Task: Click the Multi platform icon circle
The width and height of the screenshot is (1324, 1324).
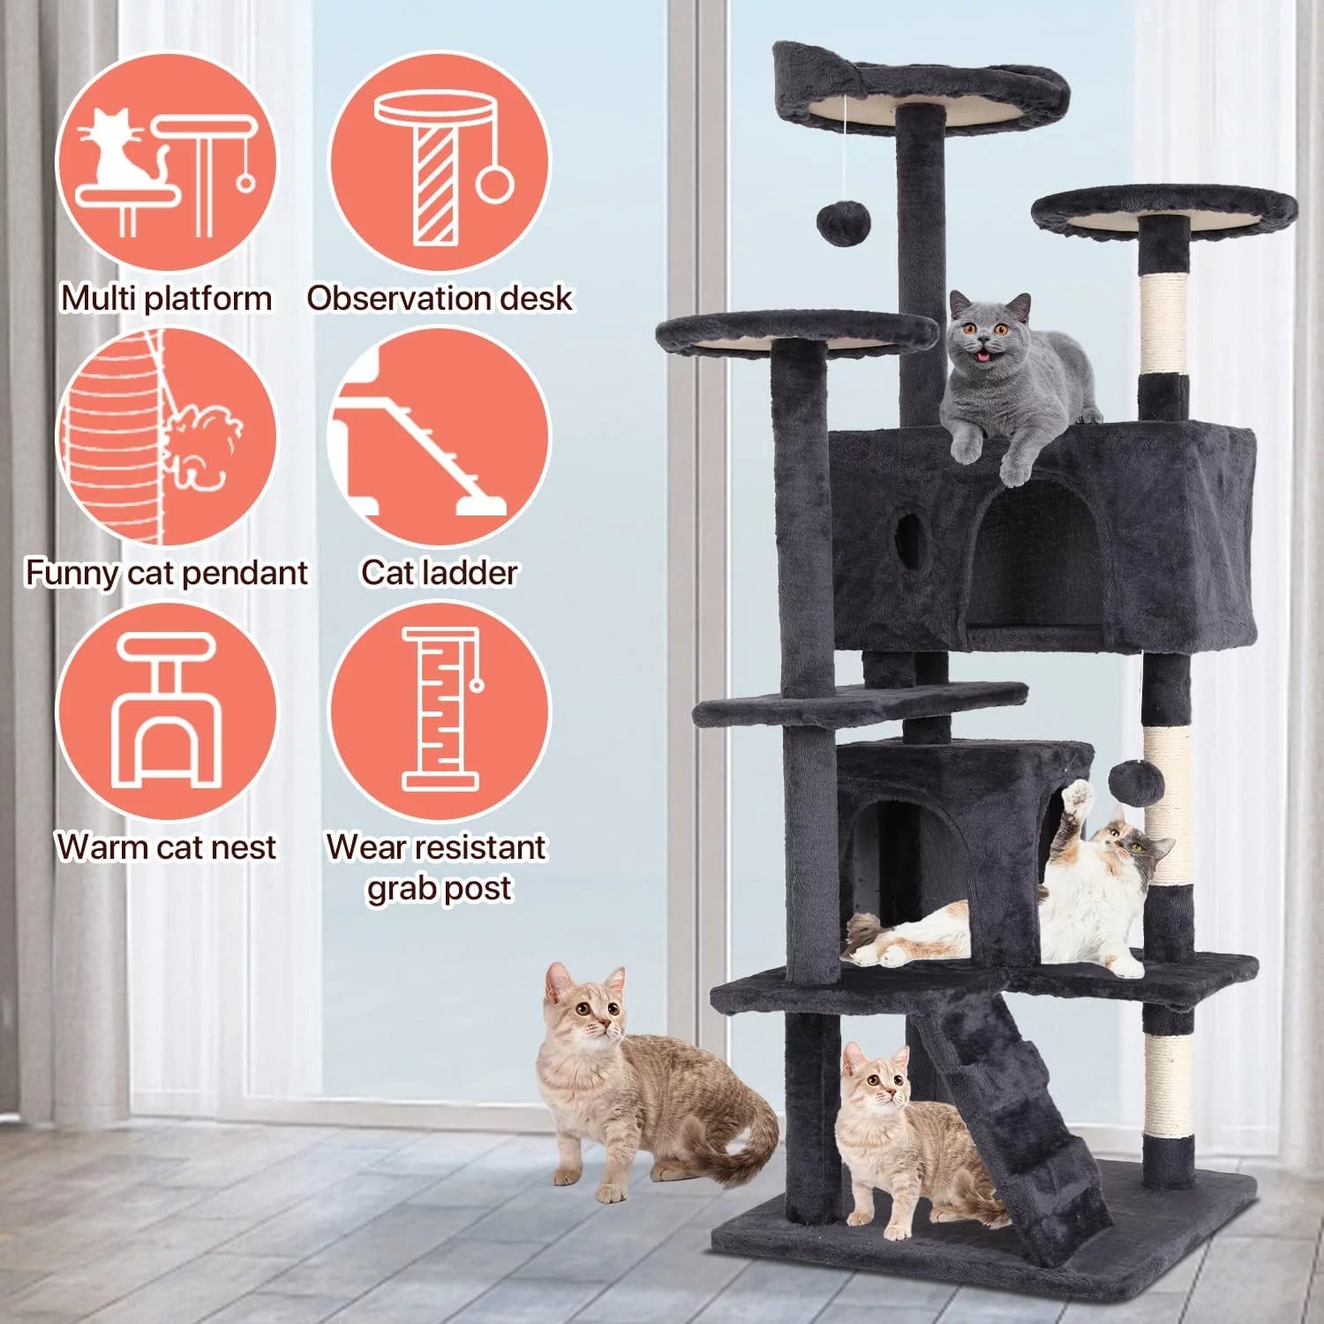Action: [x=166, y=163]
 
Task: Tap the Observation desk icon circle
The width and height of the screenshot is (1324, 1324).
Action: [x=440, y=163]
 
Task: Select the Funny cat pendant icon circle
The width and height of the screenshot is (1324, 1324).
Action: [x=166, y=438]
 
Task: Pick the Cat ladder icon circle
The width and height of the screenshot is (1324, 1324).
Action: [x=439, y=438]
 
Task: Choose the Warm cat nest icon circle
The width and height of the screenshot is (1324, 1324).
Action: [x=166, y=711]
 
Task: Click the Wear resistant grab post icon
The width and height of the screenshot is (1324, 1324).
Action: [x=440, y=711]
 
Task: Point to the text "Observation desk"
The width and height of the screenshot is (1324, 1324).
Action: [x=440, y=298]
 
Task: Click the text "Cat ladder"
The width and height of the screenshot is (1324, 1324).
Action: [x=439, y=573]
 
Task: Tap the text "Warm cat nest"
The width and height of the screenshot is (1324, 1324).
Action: [x=166, y=847]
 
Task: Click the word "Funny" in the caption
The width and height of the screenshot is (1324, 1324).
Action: [x=71, y=573]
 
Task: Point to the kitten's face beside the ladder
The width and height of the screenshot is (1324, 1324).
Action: [x=874, y=1081]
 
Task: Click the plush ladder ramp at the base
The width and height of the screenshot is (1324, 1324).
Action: [x=1015, y=1121]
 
